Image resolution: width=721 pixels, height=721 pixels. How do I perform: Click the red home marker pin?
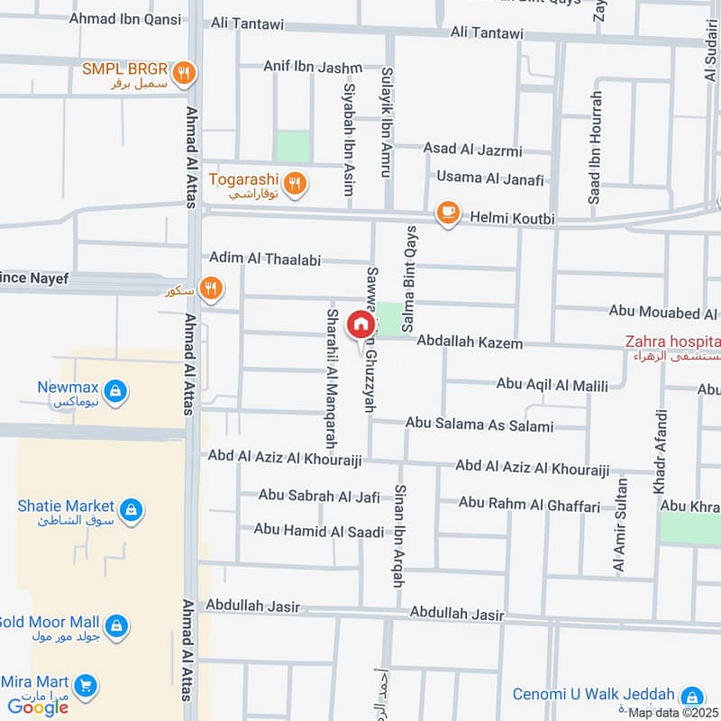click(360, 324)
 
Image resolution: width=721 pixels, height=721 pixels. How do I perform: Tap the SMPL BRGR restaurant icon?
click(184, 74)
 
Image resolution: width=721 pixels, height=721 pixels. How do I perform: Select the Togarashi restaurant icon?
click(294, 186)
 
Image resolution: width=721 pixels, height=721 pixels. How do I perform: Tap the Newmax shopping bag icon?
click(115, 391)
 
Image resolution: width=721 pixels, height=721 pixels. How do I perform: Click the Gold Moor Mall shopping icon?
click(115, 625)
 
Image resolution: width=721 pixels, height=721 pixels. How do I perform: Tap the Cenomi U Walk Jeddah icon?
click(692, 696)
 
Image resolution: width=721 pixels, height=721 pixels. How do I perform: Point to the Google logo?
click(38, 707)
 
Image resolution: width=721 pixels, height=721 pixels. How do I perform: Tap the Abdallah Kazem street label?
click(470, 342)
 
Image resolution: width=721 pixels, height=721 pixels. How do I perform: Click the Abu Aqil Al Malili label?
click(552, 385)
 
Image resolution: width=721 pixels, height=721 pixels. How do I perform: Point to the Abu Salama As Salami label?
click(479, 424)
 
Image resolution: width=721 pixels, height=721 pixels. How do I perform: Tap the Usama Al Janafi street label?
click(490, 178)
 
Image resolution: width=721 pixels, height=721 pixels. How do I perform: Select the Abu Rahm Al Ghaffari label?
click(529, 506)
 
